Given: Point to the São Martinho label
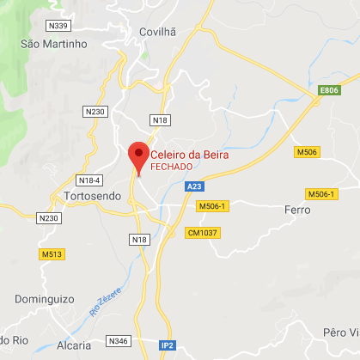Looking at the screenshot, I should point(55,43).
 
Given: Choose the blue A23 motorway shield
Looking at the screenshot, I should point(195,186).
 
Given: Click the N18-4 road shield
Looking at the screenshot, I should point(89,180).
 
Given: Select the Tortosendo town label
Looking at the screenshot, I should point(92,198).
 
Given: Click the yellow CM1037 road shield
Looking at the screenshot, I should point(204,233).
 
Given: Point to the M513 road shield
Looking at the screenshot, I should point(52,254).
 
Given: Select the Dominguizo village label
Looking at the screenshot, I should point(45,300).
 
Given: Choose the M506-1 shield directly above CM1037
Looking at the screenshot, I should point(211,206).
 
